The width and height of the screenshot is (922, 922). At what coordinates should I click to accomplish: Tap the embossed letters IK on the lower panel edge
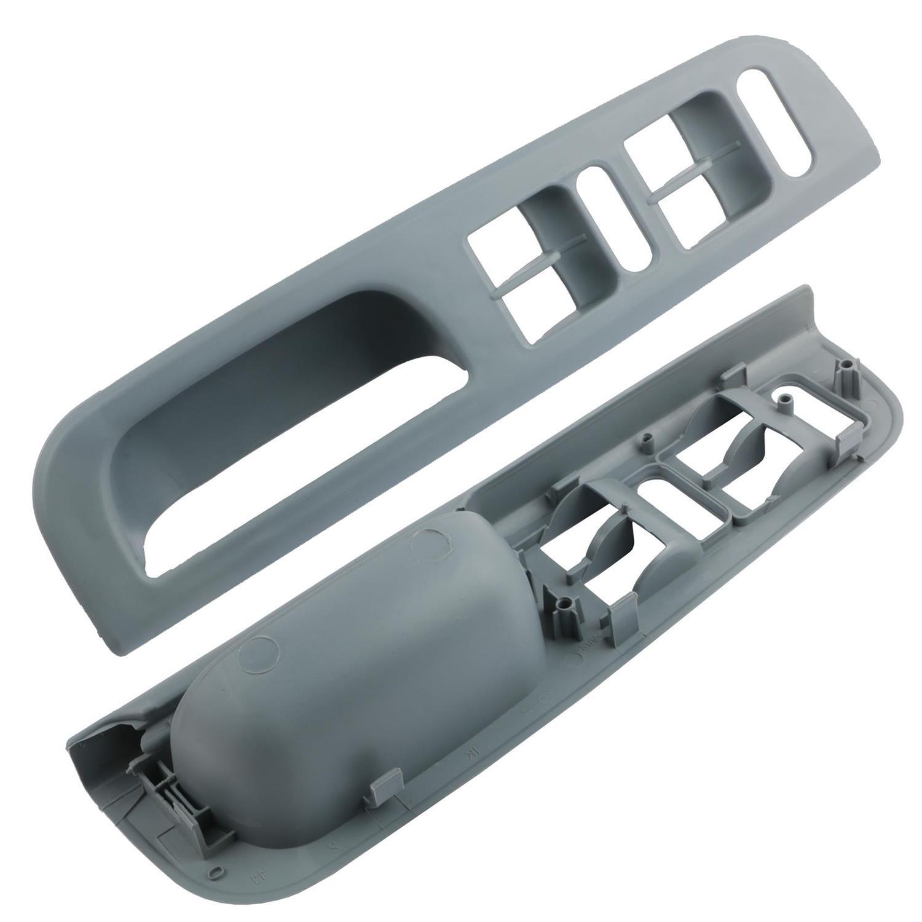(475, 751)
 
